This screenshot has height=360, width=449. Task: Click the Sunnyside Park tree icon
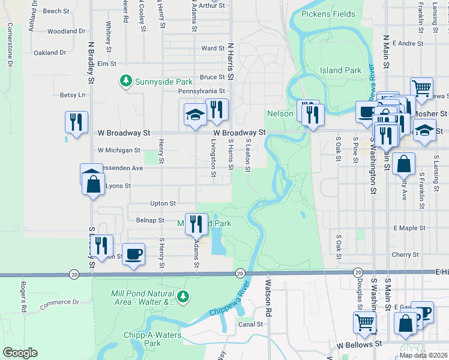coord(125,81)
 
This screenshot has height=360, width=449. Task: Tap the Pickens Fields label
coord(328,14)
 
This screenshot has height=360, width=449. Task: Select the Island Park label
coord(340,70)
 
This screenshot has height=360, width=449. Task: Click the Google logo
coord(20,353)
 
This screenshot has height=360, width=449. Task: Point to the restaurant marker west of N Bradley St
coord(76,122)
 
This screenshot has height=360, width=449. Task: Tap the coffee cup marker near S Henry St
coord(133,253)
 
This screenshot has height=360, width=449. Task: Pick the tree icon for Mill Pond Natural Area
coord(183,296)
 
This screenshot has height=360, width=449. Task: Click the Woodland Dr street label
coord(66,31)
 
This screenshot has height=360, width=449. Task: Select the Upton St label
coord(163,203)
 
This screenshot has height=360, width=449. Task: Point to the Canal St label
coord(251,324)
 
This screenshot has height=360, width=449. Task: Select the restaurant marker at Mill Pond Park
coord(196,223)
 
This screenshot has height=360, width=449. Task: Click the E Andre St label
coord(408,43)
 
